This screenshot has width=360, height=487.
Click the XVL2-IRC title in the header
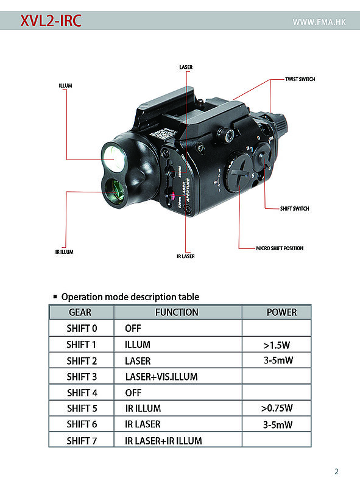pyautogui.click(x=51, y=21)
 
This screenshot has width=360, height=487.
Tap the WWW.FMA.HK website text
pyautogui.click(x=319, y=22)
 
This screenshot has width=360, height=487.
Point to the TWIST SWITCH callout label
pyautogui.click(x=300, y=79)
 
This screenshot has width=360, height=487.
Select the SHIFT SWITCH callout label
pyautogui.click(x=294, y=209)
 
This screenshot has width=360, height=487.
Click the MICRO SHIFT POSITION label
pyautogui.click(x=280, y=248)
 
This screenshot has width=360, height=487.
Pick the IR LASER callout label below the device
pyautogui.click(x=186, y=256)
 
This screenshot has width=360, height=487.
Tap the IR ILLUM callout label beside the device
pyautogui.click(x=65, y=252)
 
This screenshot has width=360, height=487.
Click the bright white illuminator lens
pyautogui.click(x=113, y=158)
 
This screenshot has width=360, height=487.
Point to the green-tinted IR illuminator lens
pyautogui.click(x=114, y=191)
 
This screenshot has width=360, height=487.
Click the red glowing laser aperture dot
pyautogui.click(x=172, y=195)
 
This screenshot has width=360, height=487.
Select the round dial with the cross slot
pyautogui.click(x=239, y=172)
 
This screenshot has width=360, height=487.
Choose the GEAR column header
pyautogui.click(x=80, y=312)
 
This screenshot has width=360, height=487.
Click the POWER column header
pyautogui.click(x=281, y=312)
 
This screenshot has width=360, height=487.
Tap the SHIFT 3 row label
pyautogui.click(x=82, y=377)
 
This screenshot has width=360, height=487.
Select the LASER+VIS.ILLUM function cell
pyautogui.click(x=161, y=377)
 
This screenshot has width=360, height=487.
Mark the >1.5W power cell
pyautogui.click(x=277, y=345)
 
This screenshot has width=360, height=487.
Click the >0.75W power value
pyautogui.click(x=277, y=408)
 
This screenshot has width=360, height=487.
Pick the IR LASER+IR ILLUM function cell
pyautogui.click(x=163, y=441)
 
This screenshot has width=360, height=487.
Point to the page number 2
pyautogui.click(x=336, y=471)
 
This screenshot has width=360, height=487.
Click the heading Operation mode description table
pyautogui.click(x=130, y=296)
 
